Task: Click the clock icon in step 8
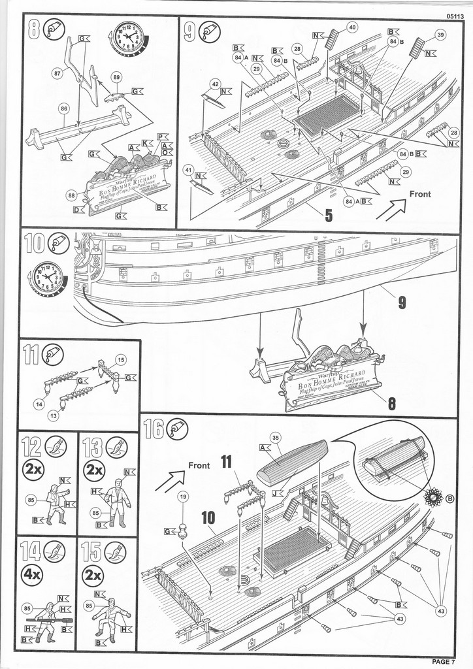pos(129,38)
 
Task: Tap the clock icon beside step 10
pos(48,279)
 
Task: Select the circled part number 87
pos(57,74)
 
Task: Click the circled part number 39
pos(440,35)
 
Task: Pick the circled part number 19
pos(183,497)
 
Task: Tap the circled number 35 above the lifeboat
pos(275,438)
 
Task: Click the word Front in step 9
pos(420,194)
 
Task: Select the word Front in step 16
pos(199,465)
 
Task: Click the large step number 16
pos(154,430)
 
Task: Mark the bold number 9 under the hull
pos(402,302)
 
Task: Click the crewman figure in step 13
pos(117,502)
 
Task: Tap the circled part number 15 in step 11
pos(121,359)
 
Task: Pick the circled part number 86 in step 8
pos(64,110)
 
